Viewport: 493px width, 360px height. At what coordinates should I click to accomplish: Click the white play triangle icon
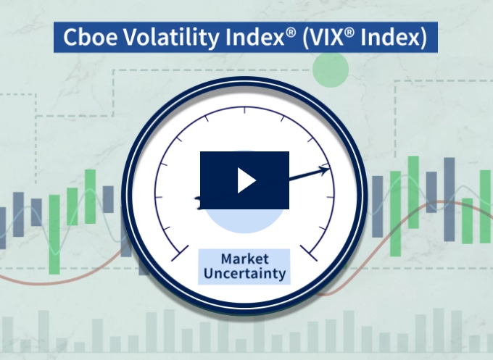(246, 180)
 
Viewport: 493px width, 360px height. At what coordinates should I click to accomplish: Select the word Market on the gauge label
(245, 259)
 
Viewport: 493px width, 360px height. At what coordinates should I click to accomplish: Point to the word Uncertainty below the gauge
(244, 273)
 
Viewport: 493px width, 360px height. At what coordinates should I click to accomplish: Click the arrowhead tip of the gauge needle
(330, 169)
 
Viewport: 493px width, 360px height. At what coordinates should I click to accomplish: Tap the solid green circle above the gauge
(331, 69)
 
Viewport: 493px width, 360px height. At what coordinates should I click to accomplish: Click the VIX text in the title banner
(326, 37)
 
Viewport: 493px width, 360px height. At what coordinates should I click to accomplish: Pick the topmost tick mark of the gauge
(245, 110)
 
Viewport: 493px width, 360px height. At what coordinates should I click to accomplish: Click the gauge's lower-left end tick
(180, 254)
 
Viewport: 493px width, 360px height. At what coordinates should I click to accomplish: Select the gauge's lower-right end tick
(309, 254)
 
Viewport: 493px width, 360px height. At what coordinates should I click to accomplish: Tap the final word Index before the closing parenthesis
(390, 37)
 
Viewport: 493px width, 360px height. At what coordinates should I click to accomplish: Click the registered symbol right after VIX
(349, 33)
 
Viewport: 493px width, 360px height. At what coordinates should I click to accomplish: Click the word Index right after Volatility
(254, 37)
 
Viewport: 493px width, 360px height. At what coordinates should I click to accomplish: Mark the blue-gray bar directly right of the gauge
(377, 206)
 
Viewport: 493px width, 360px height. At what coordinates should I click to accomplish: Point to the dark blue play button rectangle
(244, 180)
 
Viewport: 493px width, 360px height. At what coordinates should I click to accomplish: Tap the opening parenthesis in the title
(305, 38)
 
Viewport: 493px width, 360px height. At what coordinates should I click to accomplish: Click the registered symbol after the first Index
(291, 33)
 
